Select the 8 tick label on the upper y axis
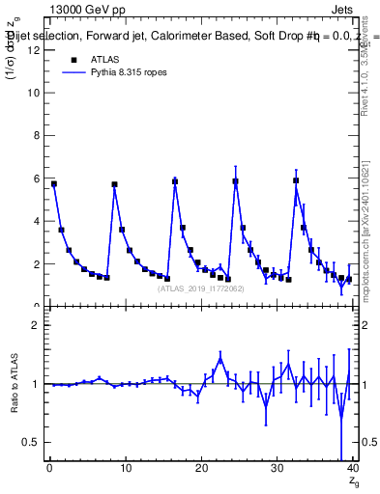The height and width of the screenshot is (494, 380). click(36, 136)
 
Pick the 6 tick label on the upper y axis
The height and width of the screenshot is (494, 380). click(36, 178)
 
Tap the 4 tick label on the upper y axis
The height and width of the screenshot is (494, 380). click(36, 221)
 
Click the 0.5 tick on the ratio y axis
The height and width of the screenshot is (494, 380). click(32, 442)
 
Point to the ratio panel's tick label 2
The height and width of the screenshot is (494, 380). click(36, 325)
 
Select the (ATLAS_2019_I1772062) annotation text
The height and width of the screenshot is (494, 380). click(199, 288)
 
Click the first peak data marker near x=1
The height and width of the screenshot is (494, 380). click(54, 183)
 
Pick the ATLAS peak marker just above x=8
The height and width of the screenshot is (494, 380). click(114, 184)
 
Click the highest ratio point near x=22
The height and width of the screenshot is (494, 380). click(220, 360)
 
